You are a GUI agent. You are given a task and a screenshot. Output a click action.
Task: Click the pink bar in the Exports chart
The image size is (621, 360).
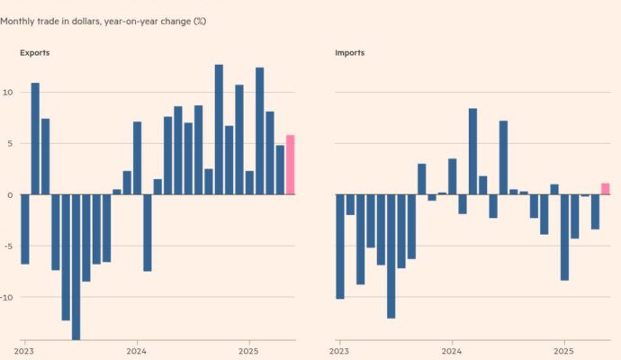coord(291,165)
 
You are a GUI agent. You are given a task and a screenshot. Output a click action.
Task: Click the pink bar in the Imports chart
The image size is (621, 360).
coord(605,189)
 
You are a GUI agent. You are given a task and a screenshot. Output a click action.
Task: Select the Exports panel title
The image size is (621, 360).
coord(35,53)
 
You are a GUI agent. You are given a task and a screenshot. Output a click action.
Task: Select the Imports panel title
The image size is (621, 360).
coord(350,53)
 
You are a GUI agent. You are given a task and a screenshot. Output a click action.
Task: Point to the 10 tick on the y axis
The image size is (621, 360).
coord(7,93)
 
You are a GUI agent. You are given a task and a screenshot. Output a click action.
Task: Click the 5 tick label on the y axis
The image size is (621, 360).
coord(10,143)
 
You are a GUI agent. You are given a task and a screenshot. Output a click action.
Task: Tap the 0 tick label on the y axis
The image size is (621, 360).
coord(10,195)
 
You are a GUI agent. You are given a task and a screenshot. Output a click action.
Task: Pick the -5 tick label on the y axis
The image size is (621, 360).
coord(7,246)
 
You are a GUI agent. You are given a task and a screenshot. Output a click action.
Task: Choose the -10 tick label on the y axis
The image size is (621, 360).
coord(6,297)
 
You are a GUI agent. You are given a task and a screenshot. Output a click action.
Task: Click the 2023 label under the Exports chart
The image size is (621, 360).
coord(23,351)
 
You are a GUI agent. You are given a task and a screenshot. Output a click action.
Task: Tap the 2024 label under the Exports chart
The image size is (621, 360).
coord(136,351)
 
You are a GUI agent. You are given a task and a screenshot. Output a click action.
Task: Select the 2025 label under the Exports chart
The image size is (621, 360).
coord(248,351)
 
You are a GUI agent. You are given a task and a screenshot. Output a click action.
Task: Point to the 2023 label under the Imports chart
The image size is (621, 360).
coord(339,351)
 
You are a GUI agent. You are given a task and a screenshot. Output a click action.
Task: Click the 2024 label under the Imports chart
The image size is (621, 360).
coord(452,351)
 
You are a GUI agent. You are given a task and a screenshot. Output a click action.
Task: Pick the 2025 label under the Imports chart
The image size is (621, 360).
coord(563,351)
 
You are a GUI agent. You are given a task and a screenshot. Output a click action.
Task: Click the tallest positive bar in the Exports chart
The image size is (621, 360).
coord(219,130)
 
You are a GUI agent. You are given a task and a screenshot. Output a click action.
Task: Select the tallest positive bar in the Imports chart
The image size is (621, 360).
coord(472,151)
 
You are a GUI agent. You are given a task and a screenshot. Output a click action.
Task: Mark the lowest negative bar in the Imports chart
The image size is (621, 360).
coord(391,256)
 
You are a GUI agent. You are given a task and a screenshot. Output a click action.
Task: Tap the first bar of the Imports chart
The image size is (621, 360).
coord(340,247)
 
